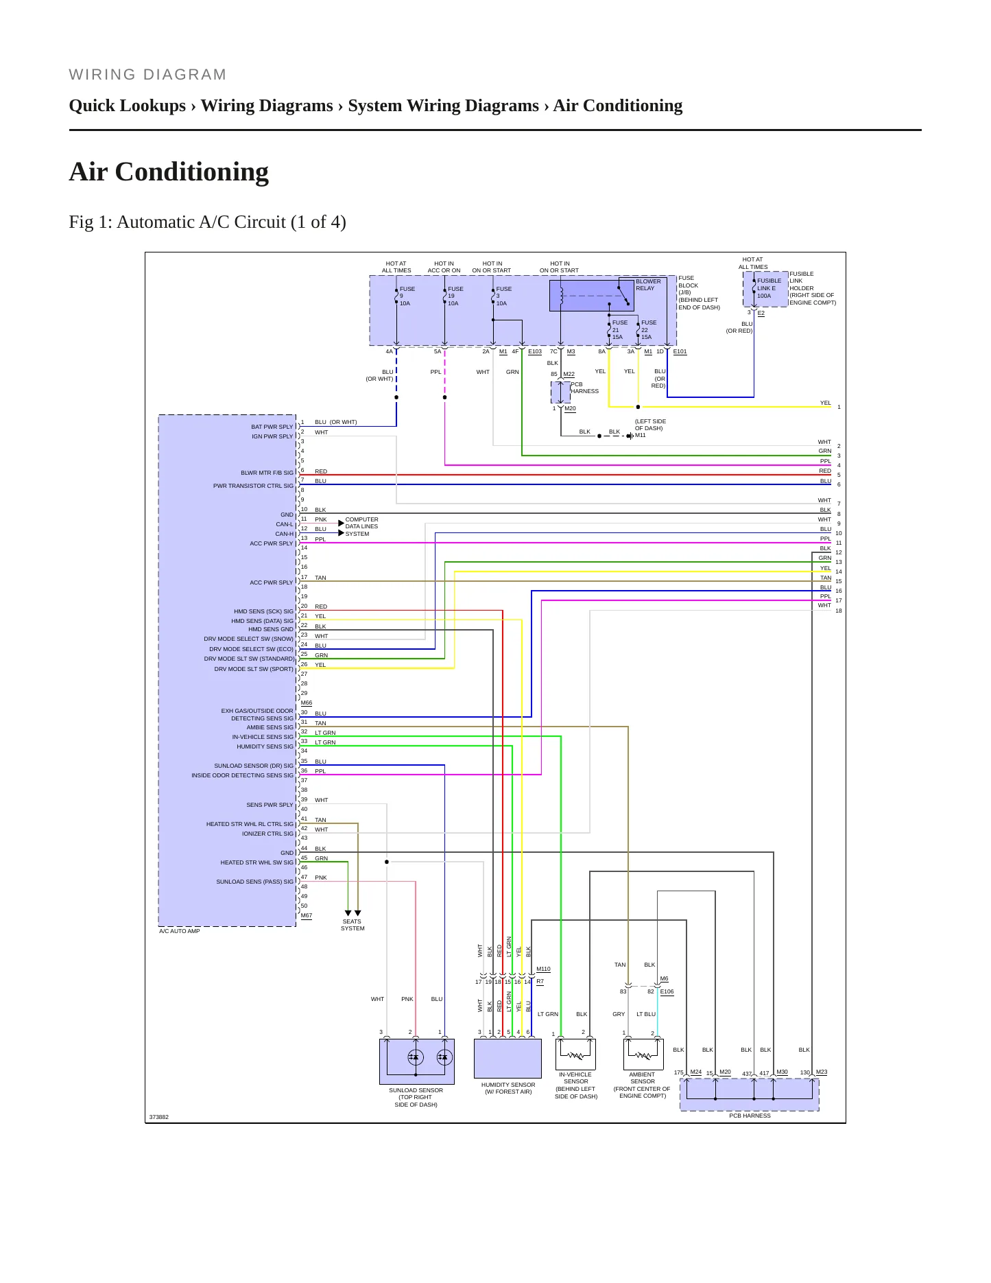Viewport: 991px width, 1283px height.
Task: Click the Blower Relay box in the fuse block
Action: (x=591, y=295)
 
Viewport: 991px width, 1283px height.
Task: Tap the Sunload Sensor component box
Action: (x=416, y=1061)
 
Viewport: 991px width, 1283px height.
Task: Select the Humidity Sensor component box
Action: (x=508, y=1059)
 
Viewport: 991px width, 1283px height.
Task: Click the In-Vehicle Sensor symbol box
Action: (x=575, y=1054)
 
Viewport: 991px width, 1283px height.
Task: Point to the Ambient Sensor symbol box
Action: (x=643, y=1054)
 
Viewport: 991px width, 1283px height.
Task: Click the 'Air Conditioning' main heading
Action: (x=169, y=172)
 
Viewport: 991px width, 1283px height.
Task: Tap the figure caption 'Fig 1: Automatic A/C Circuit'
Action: (x=207, y=222)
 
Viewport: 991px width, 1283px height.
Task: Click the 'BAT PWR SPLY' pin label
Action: (x=272, y=427)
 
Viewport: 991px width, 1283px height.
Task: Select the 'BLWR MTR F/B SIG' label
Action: (x=267, y=473)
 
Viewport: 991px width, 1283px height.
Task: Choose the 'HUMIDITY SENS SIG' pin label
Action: (x=265, y=746)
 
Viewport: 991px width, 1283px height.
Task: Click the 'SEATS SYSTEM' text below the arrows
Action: (x=353, y=925)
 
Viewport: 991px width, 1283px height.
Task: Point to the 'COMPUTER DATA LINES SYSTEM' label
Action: (x=361, y=527)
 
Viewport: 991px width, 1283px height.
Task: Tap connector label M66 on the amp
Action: (x=307, y=703)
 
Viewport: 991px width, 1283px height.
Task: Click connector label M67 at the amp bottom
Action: (x=307, y=915)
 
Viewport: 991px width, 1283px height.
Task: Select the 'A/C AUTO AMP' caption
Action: (x=180, y=931)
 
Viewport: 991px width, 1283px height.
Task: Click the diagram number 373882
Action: (x=159, y=1117)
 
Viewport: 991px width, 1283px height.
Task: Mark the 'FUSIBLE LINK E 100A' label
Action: (x=769, y=288)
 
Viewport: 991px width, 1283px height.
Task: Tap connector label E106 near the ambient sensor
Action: (x=667, y=991)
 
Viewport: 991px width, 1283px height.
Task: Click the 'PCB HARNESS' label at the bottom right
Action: (x=750, y=1116)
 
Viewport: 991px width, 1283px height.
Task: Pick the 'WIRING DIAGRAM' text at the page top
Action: (x=147, y=75)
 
